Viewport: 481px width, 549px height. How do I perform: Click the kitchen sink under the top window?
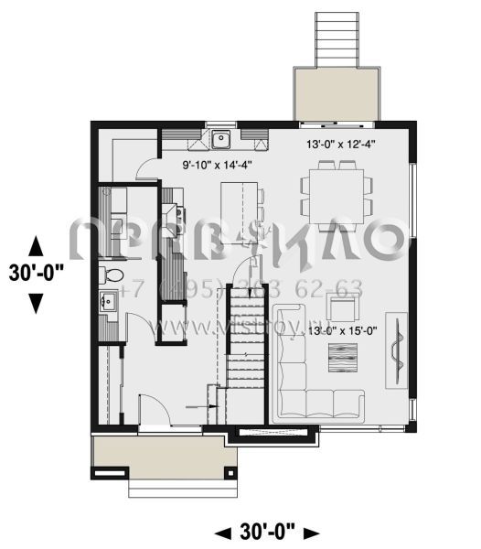click(x=221, y=139)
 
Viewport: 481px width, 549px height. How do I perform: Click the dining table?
click(x=337, y=190)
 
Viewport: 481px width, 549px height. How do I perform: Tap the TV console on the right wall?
click(x=397, y=347)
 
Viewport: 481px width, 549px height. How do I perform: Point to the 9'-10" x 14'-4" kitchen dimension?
click(x=216, y=166)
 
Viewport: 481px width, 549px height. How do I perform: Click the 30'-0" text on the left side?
click(x=36, y=273)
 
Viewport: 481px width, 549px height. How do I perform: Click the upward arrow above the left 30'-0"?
click(x=36, y=245)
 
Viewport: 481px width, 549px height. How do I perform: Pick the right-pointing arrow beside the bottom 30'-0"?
click(x=312, y=532)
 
